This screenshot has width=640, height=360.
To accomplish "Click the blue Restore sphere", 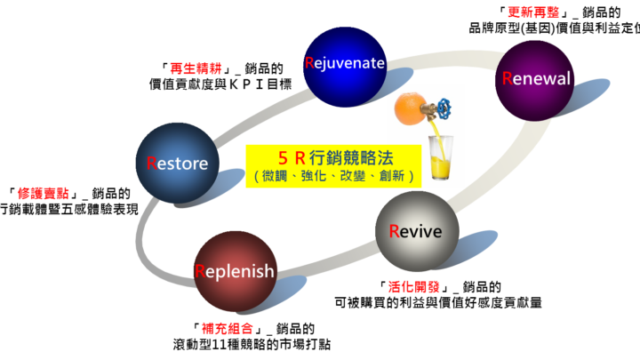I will (x=177, y=164).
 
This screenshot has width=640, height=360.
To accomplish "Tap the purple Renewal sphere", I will (x=535, y=79).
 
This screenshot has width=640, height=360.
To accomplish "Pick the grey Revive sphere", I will (x=416, y=231).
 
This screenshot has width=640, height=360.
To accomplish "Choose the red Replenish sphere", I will (x=235, y=271).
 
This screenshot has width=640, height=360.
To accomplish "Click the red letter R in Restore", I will (x=152, y=164).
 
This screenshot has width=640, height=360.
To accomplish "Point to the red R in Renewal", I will (x=508, y=78).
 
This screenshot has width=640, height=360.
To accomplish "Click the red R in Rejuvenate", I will (x=309, y=63).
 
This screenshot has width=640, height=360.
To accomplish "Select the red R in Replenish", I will (x=200, y=271).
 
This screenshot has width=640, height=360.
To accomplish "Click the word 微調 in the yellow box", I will (x=275, y=176).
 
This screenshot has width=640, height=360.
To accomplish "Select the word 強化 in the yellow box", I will (x=314, y=176).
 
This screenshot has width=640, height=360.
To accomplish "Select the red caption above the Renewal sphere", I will (x=533, y=12).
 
